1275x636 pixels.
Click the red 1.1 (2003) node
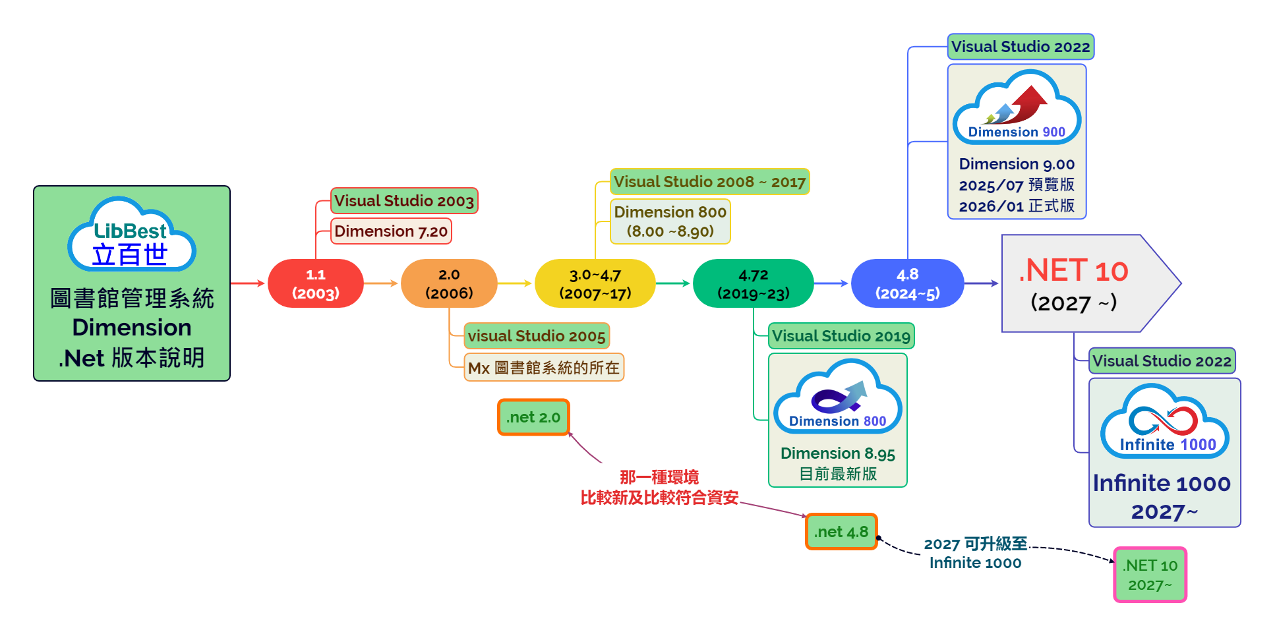click(x=315, y=283)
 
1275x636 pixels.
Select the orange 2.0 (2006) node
click(x=449, y=283)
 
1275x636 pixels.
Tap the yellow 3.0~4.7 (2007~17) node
click(x=595, y=283)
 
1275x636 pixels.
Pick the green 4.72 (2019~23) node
click(x=753, y=283)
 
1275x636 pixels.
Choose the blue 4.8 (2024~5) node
click(x=907, y=283)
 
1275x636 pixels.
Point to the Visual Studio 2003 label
click(x=404, y=201)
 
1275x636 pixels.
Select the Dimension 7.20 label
click(x=391, y=231)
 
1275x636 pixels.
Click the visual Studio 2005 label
click(x=537, y=336)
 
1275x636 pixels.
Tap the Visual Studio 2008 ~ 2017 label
click(x=709, y=182)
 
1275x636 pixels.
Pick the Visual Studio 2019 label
click(x=841, y=336)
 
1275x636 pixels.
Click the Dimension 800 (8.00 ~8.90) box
click(x=670, y=221)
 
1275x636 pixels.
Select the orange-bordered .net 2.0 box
click(x=533, y=417)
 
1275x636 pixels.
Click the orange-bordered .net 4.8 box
click(x=841, y=532)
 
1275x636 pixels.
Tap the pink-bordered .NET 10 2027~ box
click(x=1150, y=575)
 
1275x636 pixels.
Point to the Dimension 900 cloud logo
click(x=1017, y=108)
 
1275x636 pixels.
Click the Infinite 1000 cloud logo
click(x=1165, y=422)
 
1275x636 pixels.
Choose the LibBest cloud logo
click(x=131, y=235)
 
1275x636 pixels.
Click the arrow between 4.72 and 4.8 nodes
click(x=832, y=283)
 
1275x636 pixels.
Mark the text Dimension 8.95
click(x=837, y=453)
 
